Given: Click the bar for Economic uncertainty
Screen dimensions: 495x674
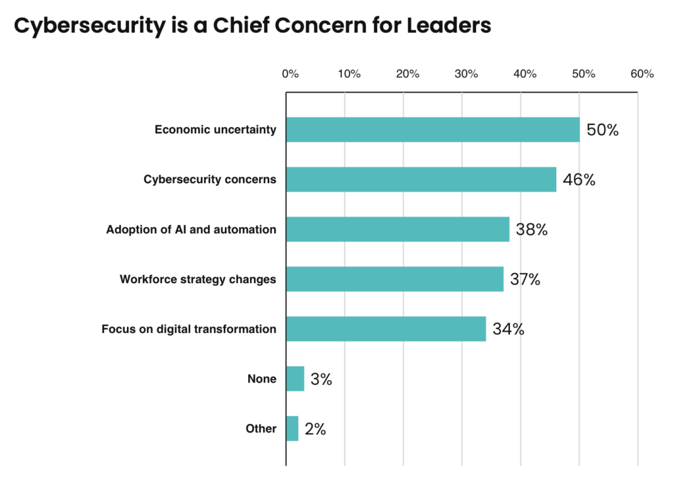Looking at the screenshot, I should [432, 130].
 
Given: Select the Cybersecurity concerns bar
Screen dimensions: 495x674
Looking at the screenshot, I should [421, 179].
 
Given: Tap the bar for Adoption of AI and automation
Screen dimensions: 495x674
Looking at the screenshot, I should [398, 229].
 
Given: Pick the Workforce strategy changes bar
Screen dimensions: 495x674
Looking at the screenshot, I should [394, 279].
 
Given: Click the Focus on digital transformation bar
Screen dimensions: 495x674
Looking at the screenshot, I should [386, 328].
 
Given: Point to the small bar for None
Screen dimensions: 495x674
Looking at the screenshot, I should [295, 378].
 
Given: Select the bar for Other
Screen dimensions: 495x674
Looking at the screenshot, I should [292, 429].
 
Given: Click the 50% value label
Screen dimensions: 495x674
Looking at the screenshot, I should [602, 130].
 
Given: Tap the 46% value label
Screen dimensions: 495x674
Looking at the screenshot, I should [579, 179].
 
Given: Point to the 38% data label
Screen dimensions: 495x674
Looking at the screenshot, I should [532, 230].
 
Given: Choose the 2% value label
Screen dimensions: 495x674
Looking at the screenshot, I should [315, 429].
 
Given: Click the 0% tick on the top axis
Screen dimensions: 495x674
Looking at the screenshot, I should [290, 74].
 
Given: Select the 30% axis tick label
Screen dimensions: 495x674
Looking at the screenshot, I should [466, 74].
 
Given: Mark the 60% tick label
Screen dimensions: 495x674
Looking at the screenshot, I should [642, 74].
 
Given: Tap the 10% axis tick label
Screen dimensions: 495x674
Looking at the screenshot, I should [349, 74].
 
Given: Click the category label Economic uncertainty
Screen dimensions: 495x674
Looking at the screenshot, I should [215, 130].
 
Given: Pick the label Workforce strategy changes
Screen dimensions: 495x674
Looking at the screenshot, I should [197, 279].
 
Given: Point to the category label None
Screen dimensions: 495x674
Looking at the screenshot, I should [261, 378].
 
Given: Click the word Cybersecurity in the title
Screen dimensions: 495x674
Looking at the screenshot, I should [82, 26].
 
